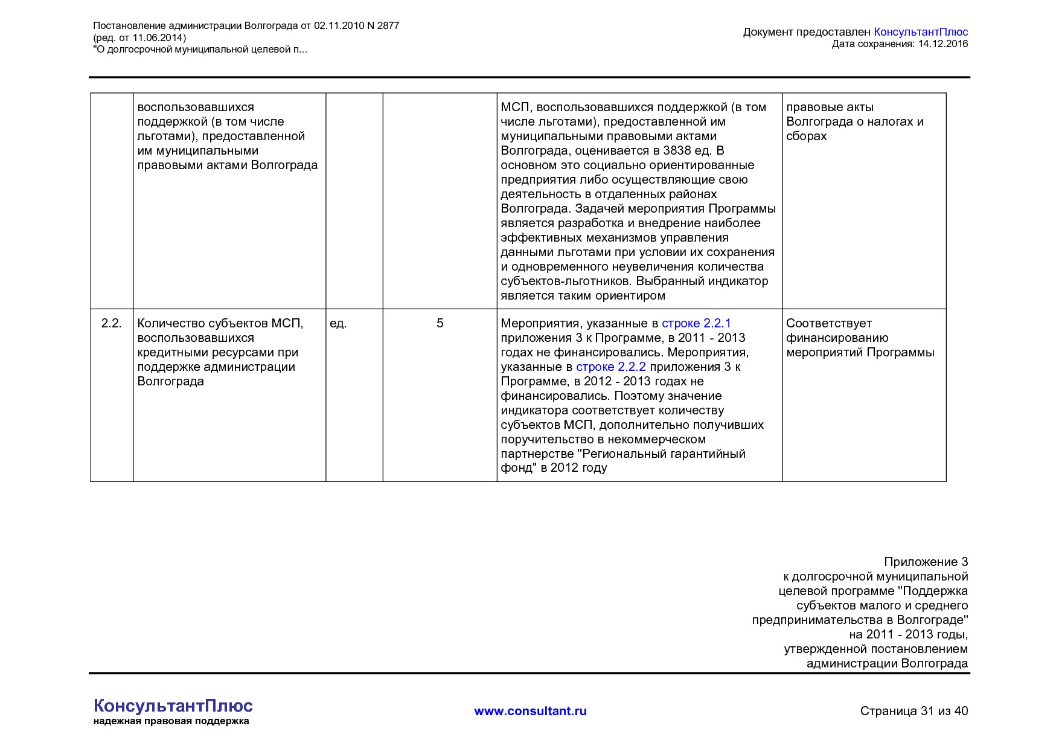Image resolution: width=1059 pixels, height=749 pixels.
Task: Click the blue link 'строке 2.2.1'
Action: (x=696, y=323)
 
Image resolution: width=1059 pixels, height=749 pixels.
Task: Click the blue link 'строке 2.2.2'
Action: (x=610, y=367)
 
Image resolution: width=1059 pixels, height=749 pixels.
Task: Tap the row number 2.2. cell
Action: (x=111, y=323)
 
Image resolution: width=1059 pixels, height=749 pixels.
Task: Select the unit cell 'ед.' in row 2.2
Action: (x=338, y=323)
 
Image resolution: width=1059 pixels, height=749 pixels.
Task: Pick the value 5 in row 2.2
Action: (x=440, y=323)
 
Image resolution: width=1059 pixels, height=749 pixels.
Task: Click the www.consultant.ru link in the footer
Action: (x=530, y=711)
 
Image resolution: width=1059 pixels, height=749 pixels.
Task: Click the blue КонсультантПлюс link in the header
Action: (x=920, y=32)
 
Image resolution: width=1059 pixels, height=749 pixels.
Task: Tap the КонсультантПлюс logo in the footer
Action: (x=173, y=706)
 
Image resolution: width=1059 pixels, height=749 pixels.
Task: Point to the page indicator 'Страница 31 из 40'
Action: (x=913, y=711)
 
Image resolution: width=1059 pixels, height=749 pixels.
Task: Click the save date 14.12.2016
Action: (x=942, y=43)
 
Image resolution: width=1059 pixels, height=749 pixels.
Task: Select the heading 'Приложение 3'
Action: (x=926, y=562)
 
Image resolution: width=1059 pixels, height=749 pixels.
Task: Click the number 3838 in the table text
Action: (x=677, y=150)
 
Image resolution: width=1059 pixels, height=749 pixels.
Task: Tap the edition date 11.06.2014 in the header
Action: (x=158, y=37)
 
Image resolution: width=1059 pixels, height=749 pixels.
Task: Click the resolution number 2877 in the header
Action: (x=388, y=25)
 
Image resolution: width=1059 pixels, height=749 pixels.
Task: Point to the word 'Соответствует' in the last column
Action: (x=828, y=323)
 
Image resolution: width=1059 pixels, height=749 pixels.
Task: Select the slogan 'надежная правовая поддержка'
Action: (x=171, y=721)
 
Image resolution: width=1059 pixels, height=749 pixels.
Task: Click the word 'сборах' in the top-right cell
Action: (x=806, y=136)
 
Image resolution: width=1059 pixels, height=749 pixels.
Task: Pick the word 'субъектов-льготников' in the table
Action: (x=566, y=281)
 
